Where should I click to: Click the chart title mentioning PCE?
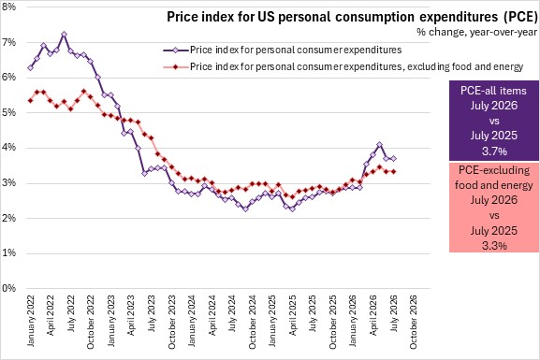point(352,17)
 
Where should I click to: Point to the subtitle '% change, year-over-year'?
point(476,32)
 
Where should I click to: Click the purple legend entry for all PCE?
point(283,50)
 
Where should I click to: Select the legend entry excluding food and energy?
point(343,66)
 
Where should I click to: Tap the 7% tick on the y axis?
point(9,42)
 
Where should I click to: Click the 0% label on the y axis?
point(9,288)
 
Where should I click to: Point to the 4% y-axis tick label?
point(9,148)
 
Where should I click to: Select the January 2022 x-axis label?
point(31,321)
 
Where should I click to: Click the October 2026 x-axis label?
point(413,322)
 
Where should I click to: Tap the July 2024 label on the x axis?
point(232,313)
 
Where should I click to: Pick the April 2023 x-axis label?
point(131,315)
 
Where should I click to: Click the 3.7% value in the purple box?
point(494,151)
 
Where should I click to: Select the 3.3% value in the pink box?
point(494,246)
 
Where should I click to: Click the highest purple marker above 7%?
point(64,34)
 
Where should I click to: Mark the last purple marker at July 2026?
point(393,158)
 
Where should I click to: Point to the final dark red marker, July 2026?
point(393,171)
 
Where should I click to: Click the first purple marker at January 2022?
point(30,68)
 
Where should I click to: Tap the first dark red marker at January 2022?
point(30,100)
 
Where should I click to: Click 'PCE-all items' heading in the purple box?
point(493,91)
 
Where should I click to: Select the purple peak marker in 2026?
point(380,145)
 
